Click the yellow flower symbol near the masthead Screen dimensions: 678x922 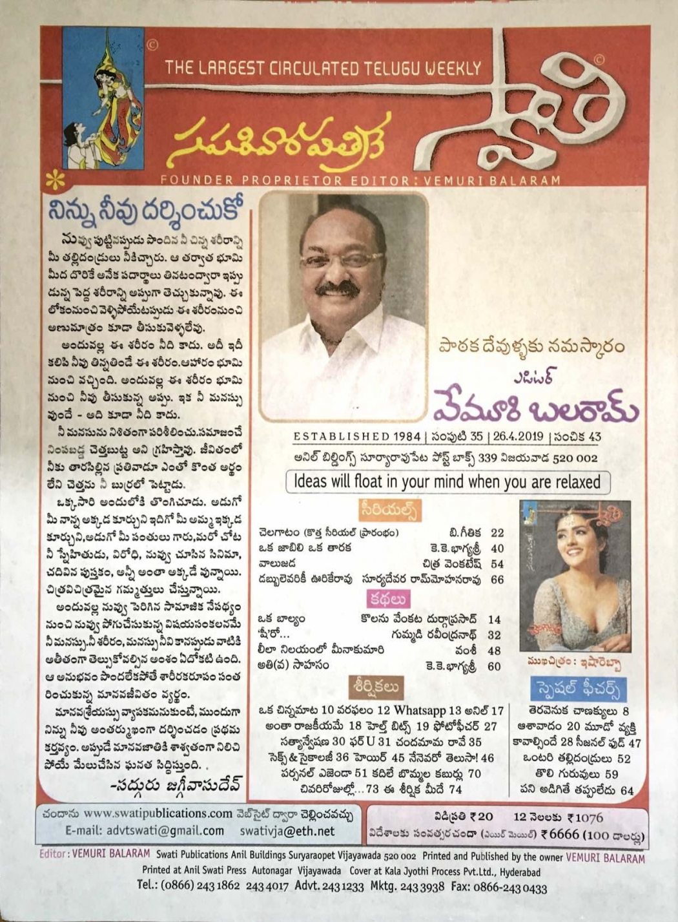[56, 180]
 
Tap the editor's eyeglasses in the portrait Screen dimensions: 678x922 [342, 260]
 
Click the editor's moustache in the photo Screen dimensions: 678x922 [338, 289]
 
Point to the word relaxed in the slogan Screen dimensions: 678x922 [572, 481]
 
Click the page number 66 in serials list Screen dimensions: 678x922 [497, 580]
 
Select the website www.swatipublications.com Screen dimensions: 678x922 [158, 813]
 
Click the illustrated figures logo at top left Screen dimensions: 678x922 [103, 107]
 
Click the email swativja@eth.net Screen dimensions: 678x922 [287, 831]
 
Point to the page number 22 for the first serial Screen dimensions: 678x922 [497, 533]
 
